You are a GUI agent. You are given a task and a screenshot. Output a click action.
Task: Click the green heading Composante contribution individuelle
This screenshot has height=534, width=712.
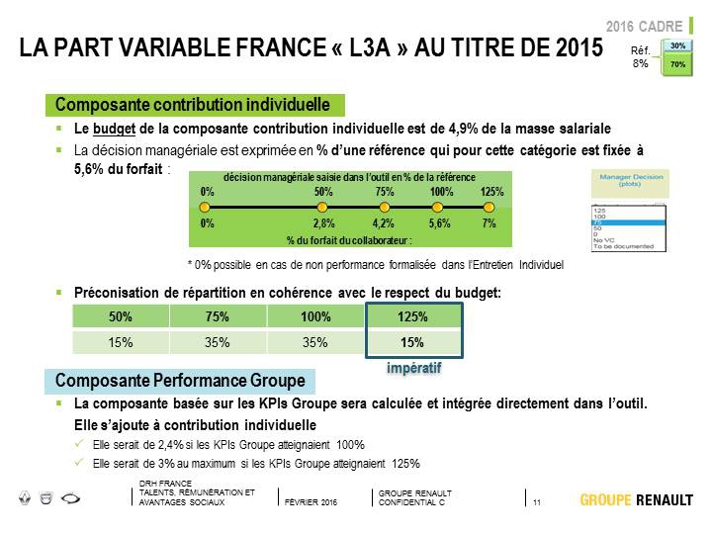click(193, 105)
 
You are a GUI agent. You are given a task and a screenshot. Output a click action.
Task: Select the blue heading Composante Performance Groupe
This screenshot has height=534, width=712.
click(179, 381)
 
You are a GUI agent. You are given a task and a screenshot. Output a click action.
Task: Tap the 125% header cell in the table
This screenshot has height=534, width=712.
click(413, 317)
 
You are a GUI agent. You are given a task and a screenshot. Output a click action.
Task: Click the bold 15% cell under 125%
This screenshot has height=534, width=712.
click(413, 343)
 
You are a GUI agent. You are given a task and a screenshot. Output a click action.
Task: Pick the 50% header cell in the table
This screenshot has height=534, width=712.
click(121, 317)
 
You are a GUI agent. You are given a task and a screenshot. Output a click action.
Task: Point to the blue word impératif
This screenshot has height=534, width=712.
click(413, 368)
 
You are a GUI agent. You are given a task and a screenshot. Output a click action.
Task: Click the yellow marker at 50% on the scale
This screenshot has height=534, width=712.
click(322, 208)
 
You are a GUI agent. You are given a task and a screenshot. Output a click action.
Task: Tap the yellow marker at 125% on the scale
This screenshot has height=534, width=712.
click(489, 208)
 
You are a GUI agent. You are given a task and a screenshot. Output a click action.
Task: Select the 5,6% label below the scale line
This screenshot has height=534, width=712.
click(441, 224)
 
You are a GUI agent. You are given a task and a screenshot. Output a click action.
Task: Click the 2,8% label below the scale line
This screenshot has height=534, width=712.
click(323, 224)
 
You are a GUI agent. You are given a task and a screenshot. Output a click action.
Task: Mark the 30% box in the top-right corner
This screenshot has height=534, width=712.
click(677, 46)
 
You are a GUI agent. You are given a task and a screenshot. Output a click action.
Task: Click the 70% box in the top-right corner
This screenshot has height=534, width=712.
click(677, 64)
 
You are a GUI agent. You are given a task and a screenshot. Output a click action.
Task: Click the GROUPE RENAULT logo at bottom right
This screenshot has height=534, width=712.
click(636, 499)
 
